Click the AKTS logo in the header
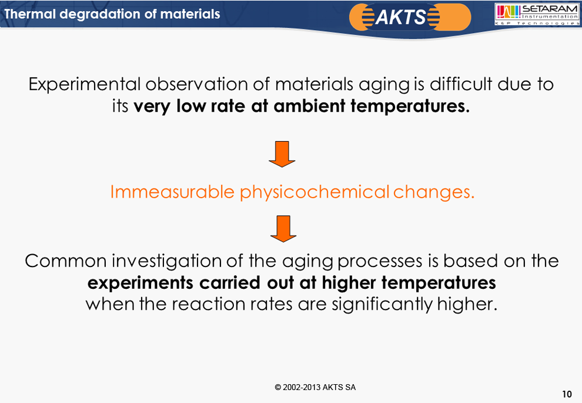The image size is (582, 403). [x=410, y=17]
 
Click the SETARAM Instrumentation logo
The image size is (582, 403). [x=537, y=15]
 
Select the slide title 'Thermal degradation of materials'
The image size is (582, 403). [x=112, y=14]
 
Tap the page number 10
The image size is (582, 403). [x=567, y=394]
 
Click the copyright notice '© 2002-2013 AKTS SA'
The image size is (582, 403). [x=315, y=387]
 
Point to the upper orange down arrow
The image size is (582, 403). [x=282, y=154]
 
